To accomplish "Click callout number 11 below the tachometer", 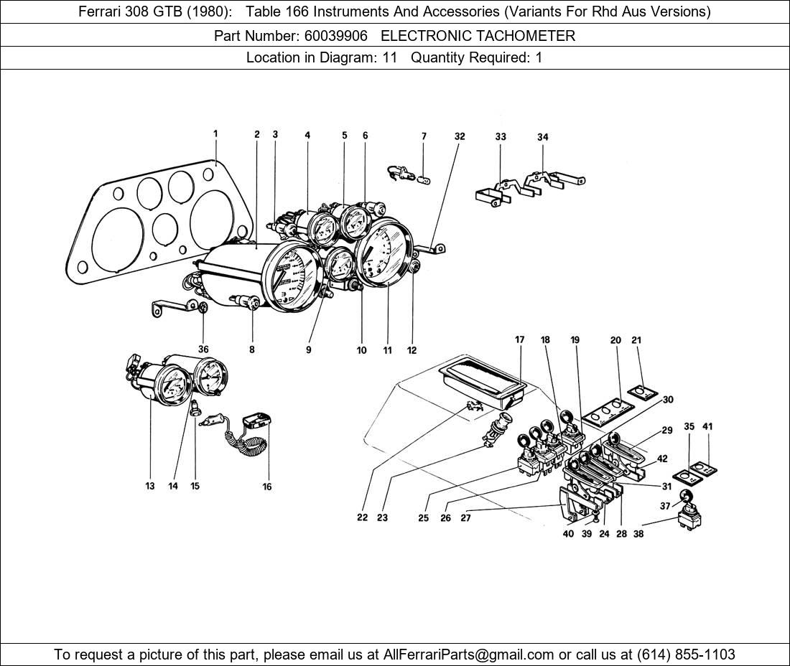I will tap(387, 351).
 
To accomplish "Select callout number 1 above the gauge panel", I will tap(215, 133).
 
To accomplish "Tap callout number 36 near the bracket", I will tap(204, 350).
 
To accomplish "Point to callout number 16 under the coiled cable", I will tap(267, 487).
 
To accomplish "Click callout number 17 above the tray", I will tap(520, 339).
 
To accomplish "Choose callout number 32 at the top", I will tap(460, 136).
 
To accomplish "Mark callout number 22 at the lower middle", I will tap(362, 517).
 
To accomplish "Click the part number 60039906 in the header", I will tap(338, 36).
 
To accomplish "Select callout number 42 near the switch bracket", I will tap(661, 459).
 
